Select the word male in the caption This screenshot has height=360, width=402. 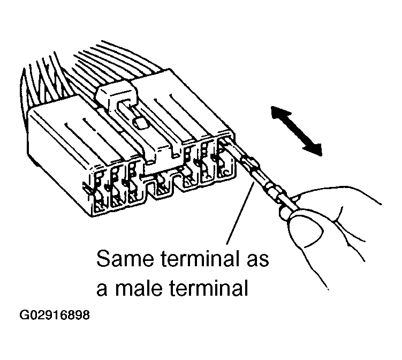pyautogui.click(x=139, y=287)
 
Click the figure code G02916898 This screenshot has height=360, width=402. pyautogui.click(x=55, y=316)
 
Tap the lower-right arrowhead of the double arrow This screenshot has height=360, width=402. pyautogui.click(x=313, y=149)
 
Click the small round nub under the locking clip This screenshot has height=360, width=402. pyautogui.click(x=141, y=123)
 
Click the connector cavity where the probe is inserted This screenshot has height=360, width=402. pyautogui.click(x=225, y=158)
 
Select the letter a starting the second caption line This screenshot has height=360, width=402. pyautogui.click(x=102, y=290)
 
